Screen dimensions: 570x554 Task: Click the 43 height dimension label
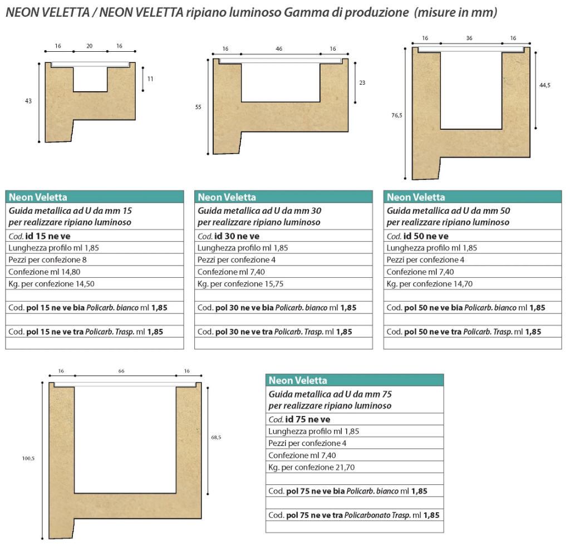coord(28,101)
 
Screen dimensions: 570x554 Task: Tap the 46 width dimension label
coord(279,48)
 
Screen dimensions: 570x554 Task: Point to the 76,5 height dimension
coord(396,115)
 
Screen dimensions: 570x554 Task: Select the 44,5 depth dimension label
coord(544,85)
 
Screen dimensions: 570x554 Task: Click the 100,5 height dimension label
coord(28,458)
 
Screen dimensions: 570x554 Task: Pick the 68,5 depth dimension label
coord(216,437)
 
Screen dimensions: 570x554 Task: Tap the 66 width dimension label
coord(121,371)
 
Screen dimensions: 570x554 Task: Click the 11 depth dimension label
coord(150,79)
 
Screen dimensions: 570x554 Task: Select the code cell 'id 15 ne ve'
coord(95,236)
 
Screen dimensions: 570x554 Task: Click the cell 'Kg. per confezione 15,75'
coord(283,284)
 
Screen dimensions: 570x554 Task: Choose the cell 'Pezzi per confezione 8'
coord(95,260)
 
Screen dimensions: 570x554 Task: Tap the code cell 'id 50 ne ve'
coord(473,236)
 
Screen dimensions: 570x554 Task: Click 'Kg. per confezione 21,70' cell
coord(355,467)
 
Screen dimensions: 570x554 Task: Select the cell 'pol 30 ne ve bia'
coord(283,307)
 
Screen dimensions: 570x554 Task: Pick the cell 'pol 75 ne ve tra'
coord(355,515)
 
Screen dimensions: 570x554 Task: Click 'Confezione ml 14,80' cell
coord(95,272)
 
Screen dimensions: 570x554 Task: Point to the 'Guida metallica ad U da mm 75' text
coord(330,394)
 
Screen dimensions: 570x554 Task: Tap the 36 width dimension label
coord(469,38)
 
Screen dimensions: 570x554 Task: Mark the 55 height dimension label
coord(198,107)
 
